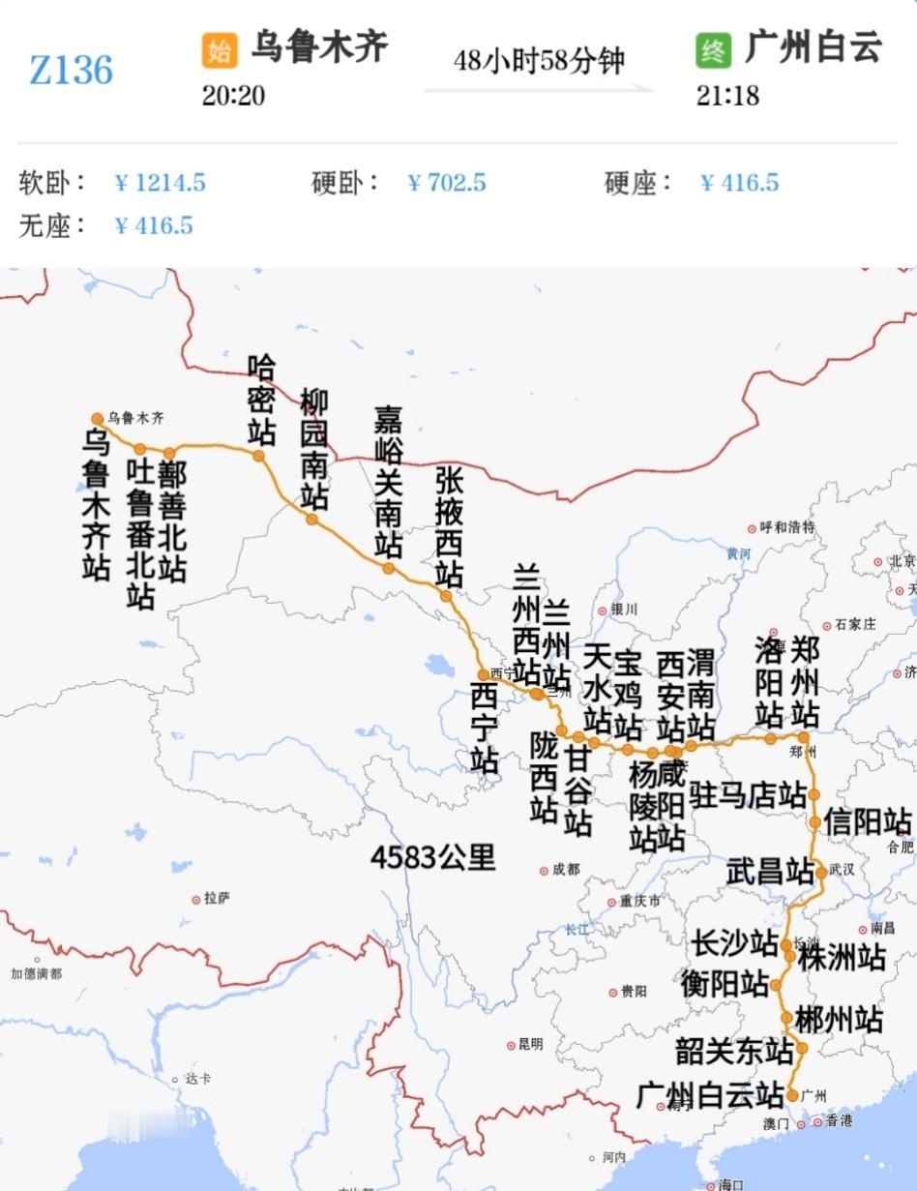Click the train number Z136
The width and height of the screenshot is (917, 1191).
71,71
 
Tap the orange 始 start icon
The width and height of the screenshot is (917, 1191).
220,50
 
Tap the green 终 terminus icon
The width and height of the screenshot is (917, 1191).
713,50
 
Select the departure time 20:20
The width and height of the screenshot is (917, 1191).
233,96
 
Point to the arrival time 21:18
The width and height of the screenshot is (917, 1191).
727,96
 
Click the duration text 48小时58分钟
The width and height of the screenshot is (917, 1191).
539,62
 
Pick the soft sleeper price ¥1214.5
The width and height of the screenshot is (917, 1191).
161,183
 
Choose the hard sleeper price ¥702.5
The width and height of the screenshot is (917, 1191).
447,183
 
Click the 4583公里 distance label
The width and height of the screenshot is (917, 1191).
432,856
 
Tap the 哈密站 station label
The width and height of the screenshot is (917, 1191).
261,399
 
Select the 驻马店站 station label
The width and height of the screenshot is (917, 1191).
748,795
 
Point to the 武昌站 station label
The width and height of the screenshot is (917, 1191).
770,871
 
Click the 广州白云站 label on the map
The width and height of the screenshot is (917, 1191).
710,1096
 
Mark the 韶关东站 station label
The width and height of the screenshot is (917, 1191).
734,1050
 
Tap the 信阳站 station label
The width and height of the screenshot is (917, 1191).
868,821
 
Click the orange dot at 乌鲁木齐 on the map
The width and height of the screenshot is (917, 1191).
97,419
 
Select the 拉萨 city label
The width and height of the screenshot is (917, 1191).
217,898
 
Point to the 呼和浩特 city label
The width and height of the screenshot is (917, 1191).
787,527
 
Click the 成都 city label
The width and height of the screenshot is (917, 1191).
565,870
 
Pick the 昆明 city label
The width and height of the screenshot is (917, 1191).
530,1044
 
